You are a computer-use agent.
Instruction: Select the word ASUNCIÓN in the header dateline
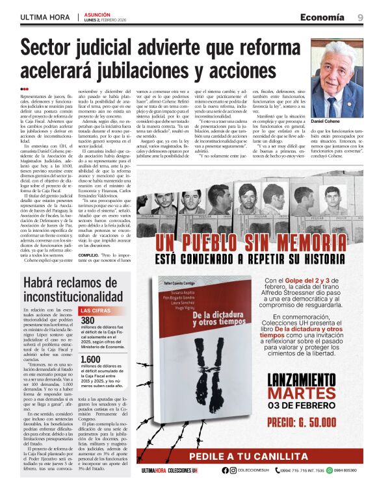(x=95, y=13)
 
